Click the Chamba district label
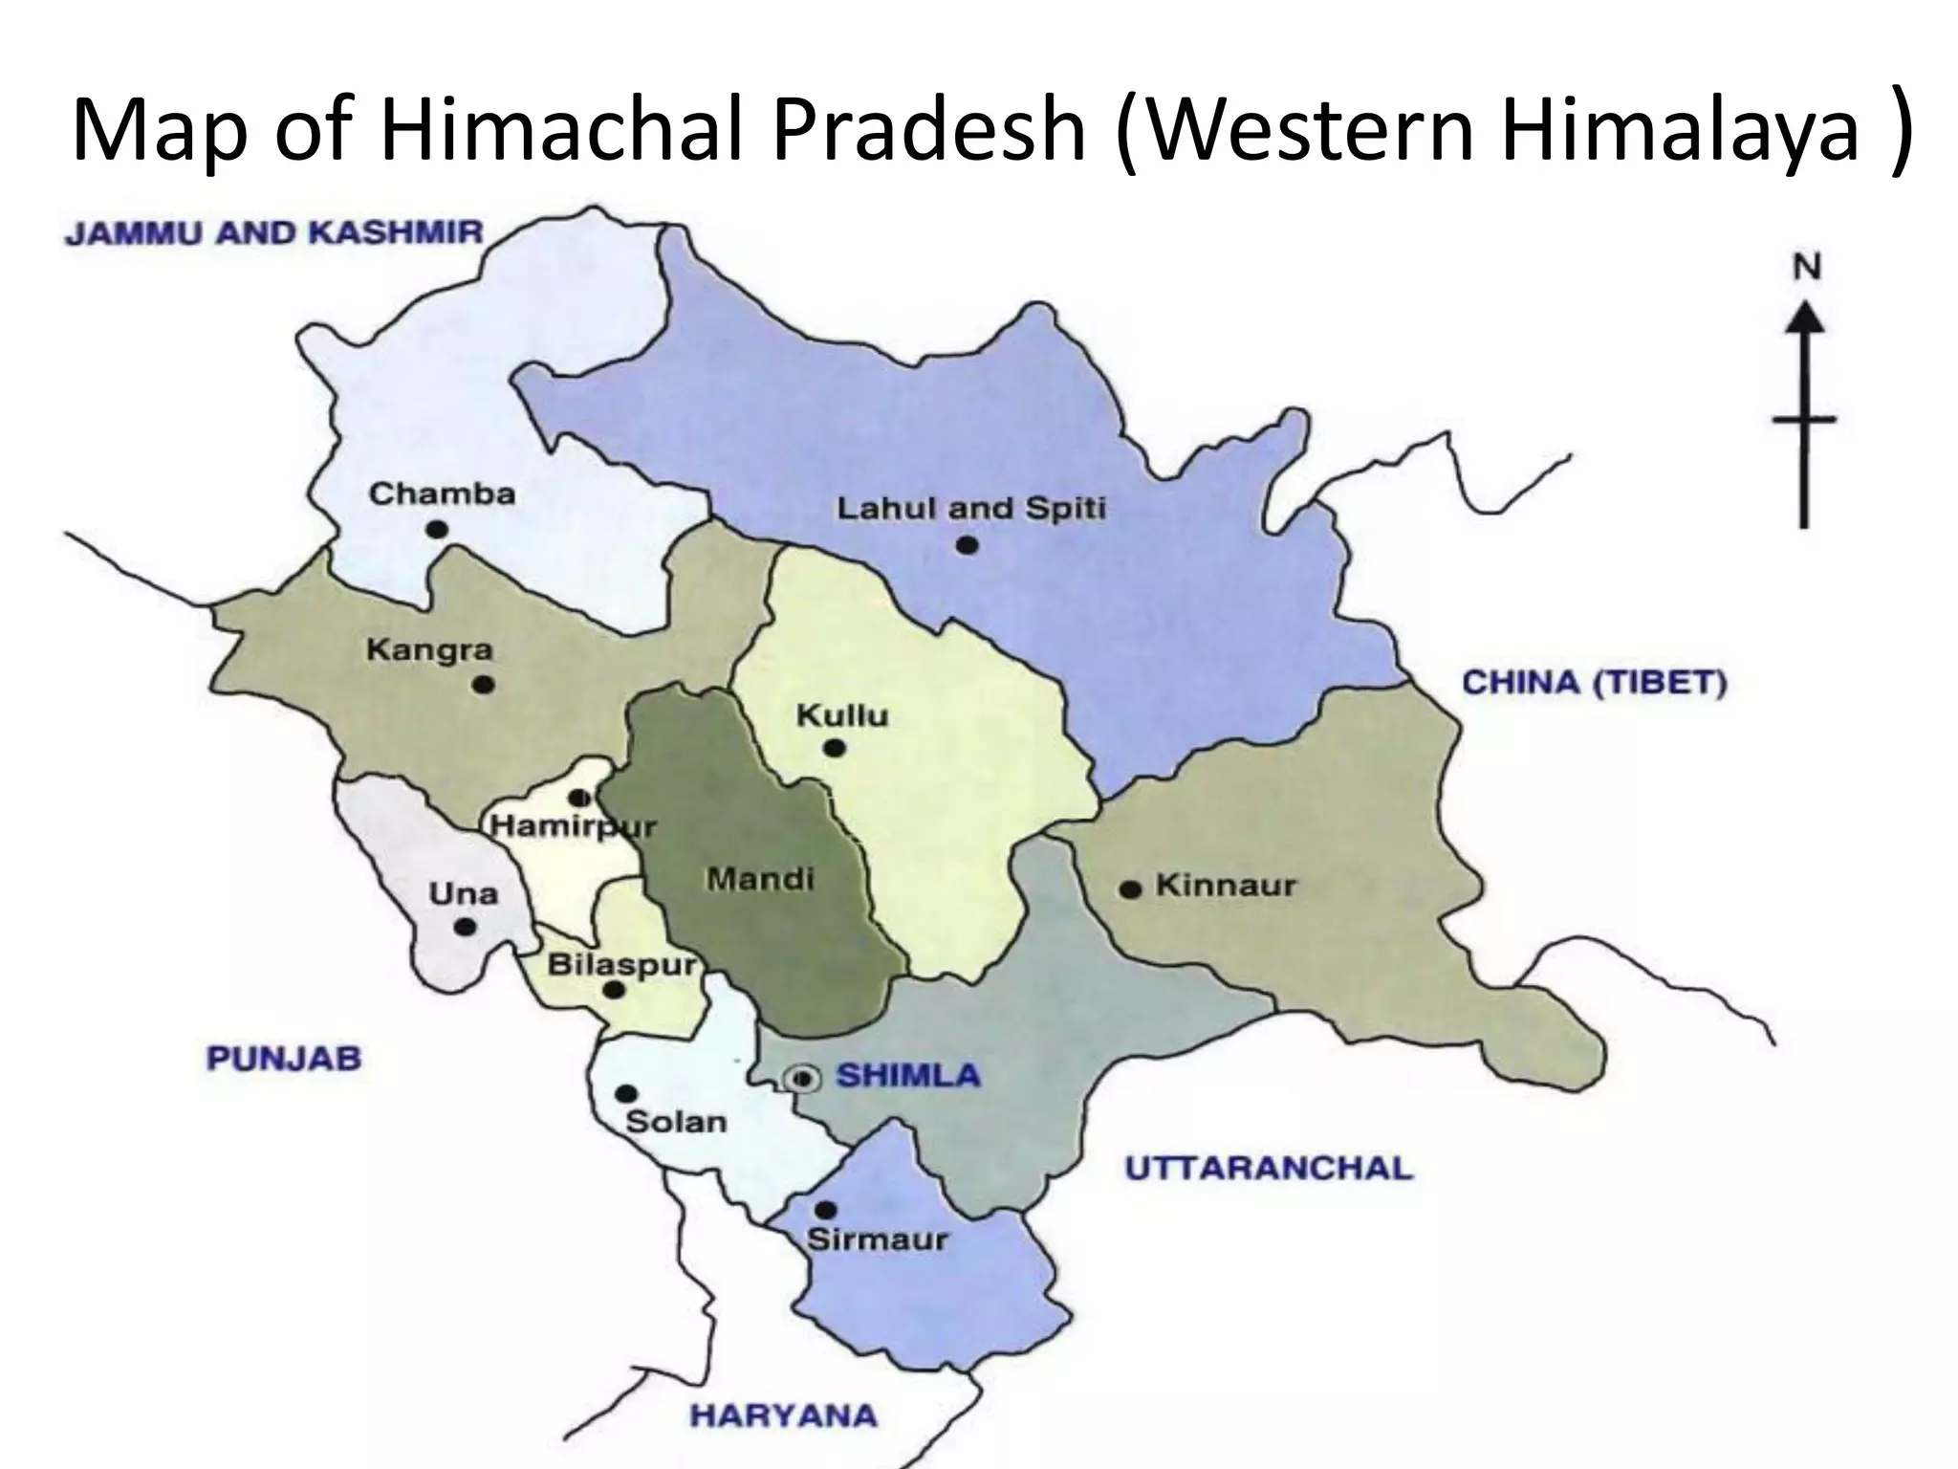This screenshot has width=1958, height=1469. tap(442, 493)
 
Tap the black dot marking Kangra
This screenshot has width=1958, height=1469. tap(484, 685)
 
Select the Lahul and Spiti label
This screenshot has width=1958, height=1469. tap(971, 508)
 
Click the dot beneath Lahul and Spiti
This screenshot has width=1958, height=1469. tap(967, 545)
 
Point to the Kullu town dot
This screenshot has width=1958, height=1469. tap(835, 748)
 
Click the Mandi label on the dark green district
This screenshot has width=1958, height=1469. tap(760, 878)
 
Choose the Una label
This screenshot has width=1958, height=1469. tap(463, 894)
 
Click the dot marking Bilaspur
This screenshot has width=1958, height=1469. tap(614, 991)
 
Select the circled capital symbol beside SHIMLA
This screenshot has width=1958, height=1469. tap(803, 1079)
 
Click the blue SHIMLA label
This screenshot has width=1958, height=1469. tap(908, 1075)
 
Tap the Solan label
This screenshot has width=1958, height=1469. tap(676, 1121)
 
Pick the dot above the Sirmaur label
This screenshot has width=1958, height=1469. tap(826, 1210)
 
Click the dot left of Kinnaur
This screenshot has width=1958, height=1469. tap(1130, 889)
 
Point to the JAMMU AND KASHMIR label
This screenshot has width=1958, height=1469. tap(274, 233)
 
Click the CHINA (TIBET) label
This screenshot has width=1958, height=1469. tap(1595, 683)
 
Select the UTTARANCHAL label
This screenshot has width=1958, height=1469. tap(1269, 1168)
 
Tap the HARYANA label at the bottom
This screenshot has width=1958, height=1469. tap(783, 1414)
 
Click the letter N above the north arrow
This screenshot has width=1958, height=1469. tap(1806, 269)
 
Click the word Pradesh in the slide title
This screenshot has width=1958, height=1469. tap(929, 129)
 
